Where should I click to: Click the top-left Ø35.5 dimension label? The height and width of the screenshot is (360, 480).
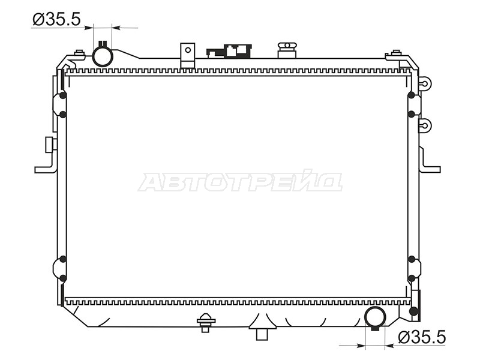click(x=56, y=19)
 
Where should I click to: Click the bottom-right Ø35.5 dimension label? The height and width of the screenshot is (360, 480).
click(x=422, y=337)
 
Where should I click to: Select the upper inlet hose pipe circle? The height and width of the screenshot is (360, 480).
click(x=103, y=56)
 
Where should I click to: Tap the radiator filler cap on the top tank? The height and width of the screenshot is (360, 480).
click(x=287, y=50)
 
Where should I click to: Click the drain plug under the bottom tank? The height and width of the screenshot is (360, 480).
click(x=206, y=323)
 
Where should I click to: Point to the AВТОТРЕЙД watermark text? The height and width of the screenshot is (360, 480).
click(x=241, y=181)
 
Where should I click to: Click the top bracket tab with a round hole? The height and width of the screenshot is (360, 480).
click(x=188, y=55)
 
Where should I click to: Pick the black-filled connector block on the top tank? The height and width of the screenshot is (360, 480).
click(x=229, y=51)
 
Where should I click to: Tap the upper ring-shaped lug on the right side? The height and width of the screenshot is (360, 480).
click(x=425, y=83)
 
